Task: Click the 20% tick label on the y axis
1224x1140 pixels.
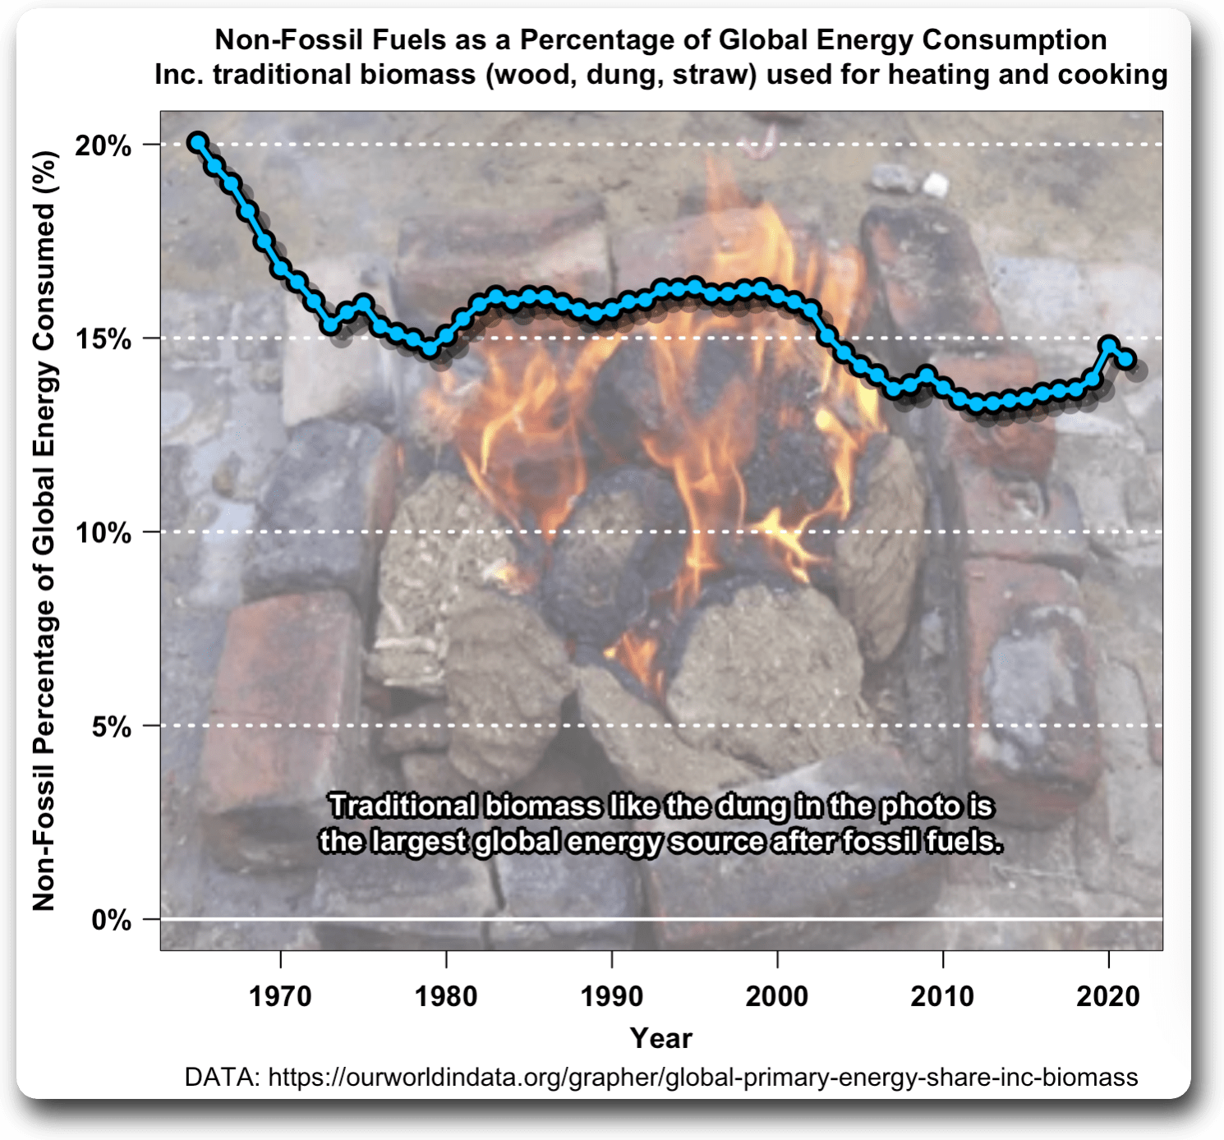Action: pyautogui.click(x=103, y=146)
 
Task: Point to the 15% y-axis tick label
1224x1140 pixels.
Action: pyautogui.click(x=103, y=339)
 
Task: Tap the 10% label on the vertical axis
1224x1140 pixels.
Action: pyautogui.click(x=103, y=533)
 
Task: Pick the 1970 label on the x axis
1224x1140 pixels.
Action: pyautogui.click(x=280, y=996)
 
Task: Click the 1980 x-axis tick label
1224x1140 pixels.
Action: pyautogui.click(x=446, y=996)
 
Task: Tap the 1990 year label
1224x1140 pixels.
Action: pyautogui.click(x=612, y=996)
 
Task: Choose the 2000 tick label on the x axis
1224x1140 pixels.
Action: pyautogui.click(x=777, y=996)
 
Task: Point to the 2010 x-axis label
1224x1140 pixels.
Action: pyautogui.click(x=942, y=996)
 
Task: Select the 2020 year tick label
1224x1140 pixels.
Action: pyautogui.click(x=1108, y=996)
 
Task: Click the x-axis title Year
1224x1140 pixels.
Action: pyautogui.click(x=661, y=1038)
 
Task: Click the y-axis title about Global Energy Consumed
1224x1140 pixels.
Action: pyautogui.click(x=44, y=531)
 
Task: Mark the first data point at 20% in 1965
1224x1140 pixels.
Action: pyautogui.click(x=197, y=142)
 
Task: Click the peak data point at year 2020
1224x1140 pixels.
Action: pyautogui.click(x=1109, y=344)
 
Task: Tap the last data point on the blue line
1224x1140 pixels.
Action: pyautogui.click(x=1125, y=358)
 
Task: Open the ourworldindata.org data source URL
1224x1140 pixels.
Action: pyautogui.click(x=703, y=1077)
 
